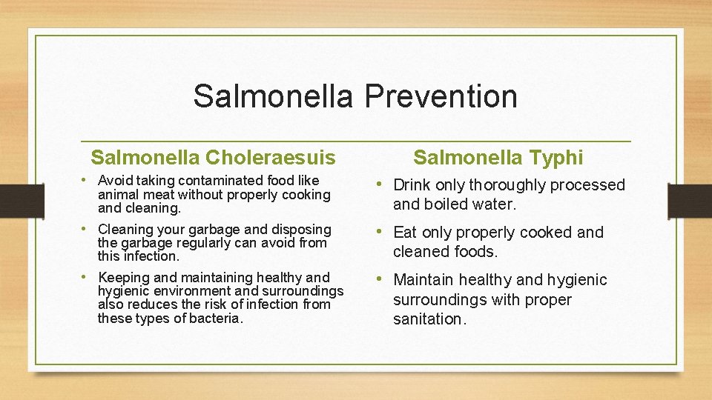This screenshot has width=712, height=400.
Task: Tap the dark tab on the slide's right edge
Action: coord(690,201)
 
